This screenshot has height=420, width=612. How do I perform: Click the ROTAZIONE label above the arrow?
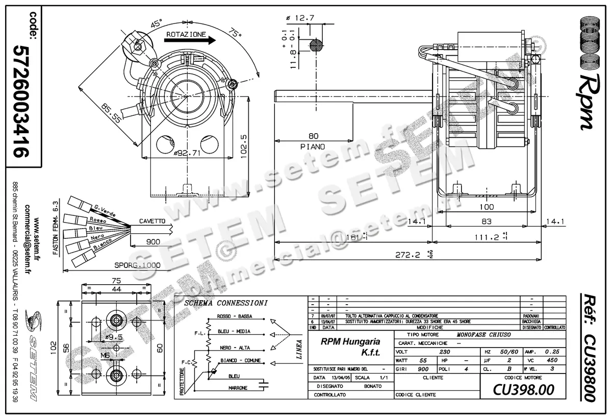click(x=186, y=35)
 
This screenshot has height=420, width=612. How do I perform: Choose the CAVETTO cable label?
click(x=151, y=221)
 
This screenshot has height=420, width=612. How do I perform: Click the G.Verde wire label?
click(x=103, y=209)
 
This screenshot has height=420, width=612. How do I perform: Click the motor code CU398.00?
click(x=523, y=390)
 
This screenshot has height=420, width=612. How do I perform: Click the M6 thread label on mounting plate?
click(x=106, y=355)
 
